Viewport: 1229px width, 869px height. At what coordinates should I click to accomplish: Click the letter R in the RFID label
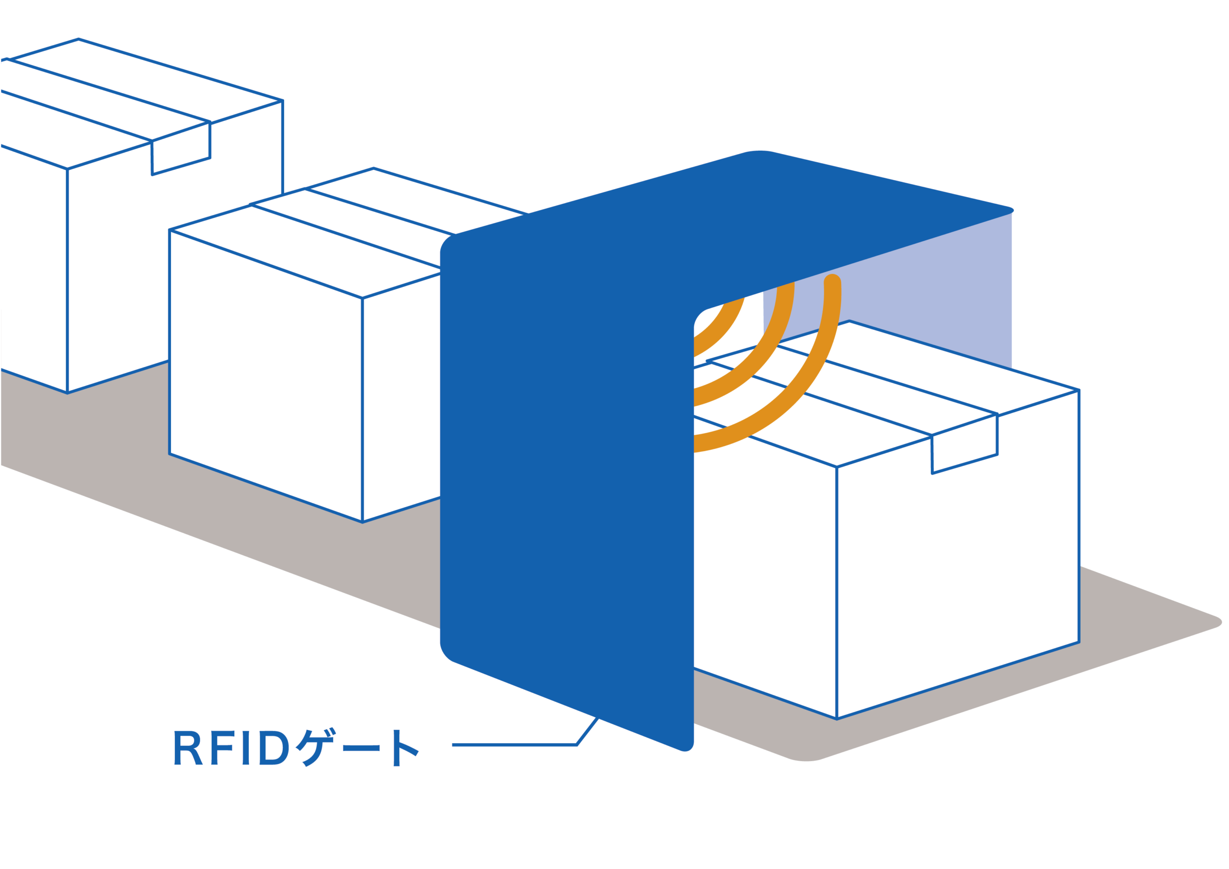pos(187,748)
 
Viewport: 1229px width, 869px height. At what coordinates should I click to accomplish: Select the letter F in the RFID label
pos(222,748)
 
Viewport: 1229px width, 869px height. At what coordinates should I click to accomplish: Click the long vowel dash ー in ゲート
pos(361,748)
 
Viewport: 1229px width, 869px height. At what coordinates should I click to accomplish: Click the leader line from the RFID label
pos(514,744)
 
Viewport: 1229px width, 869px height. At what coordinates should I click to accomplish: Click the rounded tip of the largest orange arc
pos(832,280)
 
